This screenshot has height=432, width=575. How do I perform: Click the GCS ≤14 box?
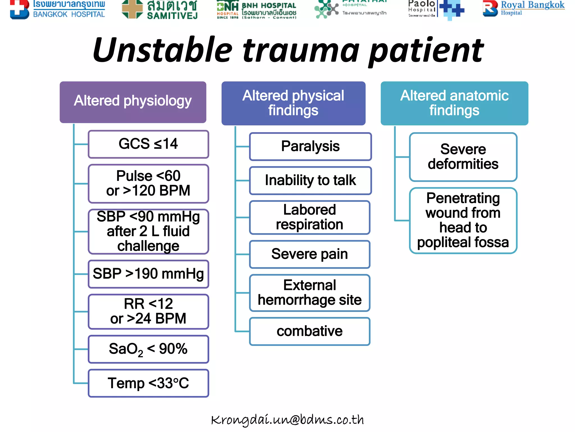(148, 144)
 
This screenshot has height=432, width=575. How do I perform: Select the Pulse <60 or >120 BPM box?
(148, 183)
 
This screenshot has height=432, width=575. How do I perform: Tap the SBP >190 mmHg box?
(148, 274)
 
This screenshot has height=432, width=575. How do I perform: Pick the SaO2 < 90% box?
(148, 349)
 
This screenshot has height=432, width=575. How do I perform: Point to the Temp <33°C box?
(148, 383)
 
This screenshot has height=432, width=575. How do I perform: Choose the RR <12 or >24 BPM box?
(148, 311)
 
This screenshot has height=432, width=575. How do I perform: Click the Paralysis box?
(310, 147)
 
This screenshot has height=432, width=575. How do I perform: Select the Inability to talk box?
(310, 180)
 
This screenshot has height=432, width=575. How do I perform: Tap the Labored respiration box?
(310, 217)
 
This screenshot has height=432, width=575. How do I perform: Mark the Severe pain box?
(310, 254)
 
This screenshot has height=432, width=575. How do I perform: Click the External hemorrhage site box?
(310, 293)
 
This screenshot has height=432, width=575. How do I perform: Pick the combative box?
(310, 331)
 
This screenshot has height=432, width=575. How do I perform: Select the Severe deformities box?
(463, 157)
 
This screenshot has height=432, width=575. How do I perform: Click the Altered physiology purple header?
(133, 102)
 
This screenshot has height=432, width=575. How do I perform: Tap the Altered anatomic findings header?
(454, 103)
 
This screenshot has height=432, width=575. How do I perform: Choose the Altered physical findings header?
(293, 103)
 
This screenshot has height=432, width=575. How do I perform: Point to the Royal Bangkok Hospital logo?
(524, 8)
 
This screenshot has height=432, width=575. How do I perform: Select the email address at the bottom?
(287, 420)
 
